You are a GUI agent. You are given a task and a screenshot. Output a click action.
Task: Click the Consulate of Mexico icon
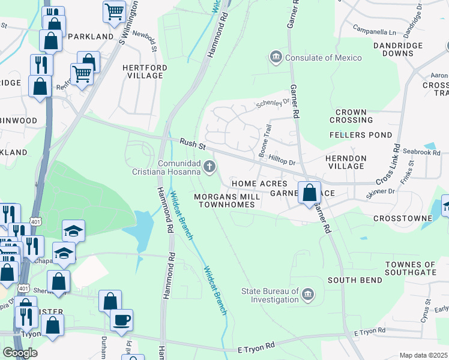point(276,58)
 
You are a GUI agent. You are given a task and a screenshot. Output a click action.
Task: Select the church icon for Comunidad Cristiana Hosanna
point(209,167)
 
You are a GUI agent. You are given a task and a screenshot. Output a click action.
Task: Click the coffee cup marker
point(121,320)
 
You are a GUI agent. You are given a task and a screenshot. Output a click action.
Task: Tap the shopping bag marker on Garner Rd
point(309,194)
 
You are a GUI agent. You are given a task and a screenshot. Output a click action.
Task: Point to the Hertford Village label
point(143,71)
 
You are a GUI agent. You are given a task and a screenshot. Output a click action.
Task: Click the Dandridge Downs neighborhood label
point(398,49)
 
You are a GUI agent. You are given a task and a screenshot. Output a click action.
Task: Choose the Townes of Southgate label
point(410,268)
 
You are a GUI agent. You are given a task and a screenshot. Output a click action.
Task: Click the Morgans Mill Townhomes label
point(227,200)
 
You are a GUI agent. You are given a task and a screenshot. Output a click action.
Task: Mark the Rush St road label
point(193,144)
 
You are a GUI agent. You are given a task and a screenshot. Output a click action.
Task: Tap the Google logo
point(20,353)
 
